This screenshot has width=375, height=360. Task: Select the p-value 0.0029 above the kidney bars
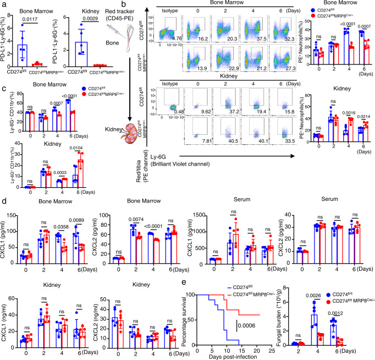tap(88, 23)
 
